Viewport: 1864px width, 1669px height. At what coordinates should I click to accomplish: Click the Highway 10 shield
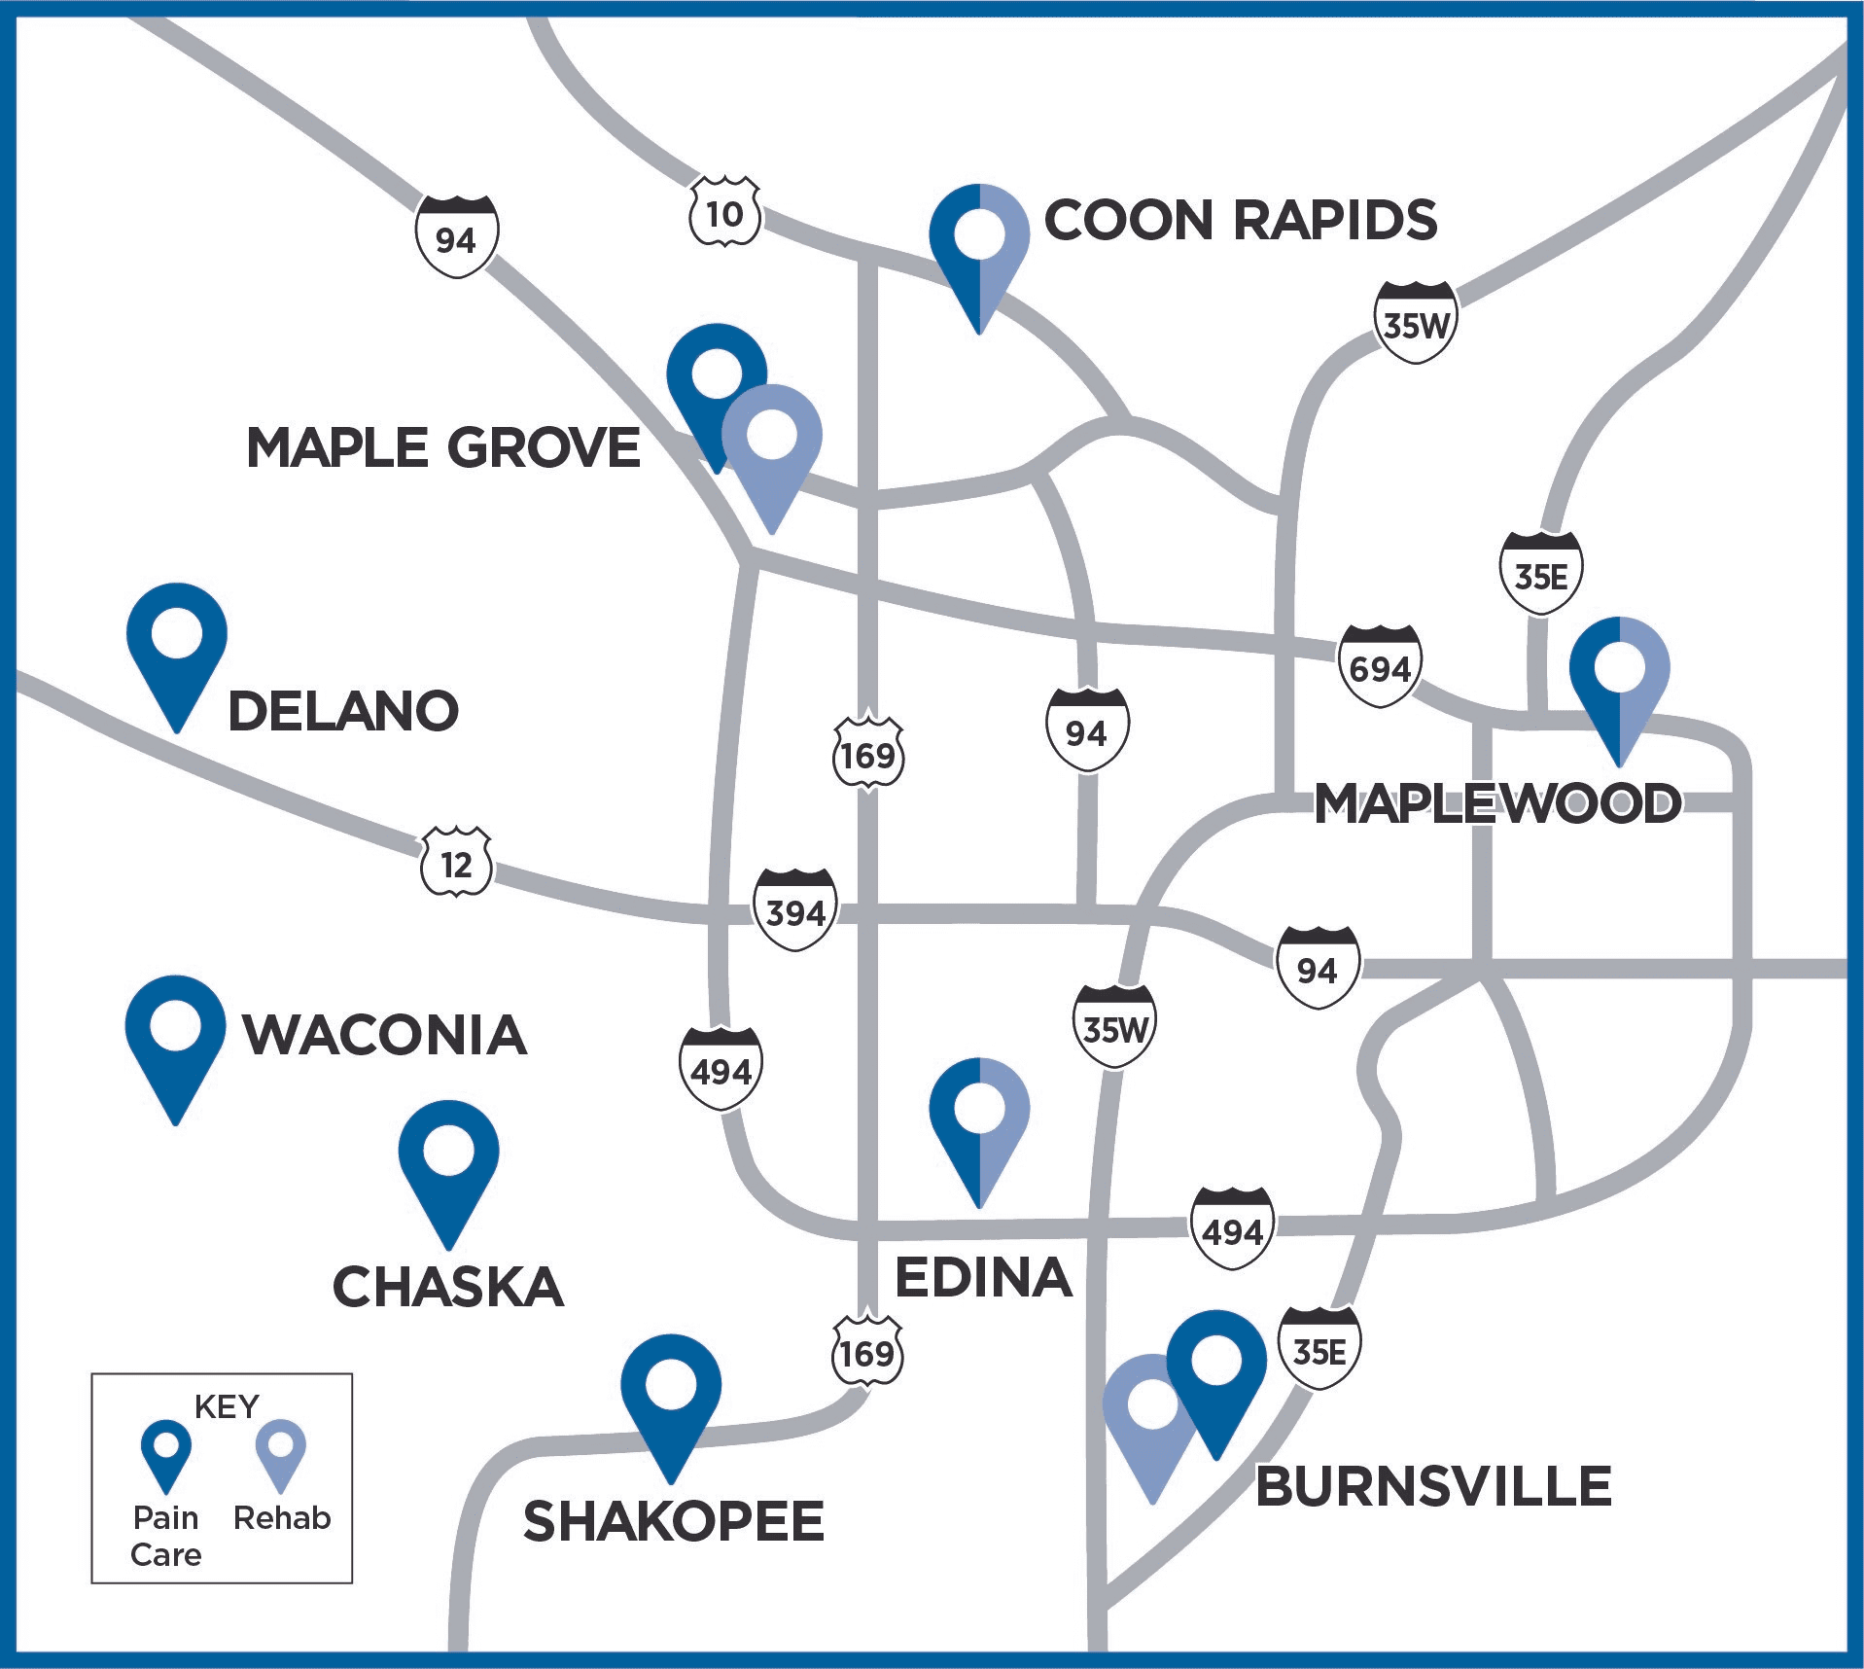724,212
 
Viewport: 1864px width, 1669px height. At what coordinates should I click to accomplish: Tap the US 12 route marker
456,863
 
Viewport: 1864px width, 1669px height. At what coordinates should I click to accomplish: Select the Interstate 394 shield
795,909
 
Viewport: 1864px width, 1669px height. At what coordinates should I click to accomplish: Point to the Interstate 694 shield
1380,666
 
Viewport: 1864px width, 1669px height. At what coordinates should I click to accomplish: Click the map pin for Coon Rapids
979,243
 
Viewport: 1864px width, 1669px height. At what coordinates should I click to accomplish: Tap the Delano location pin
177,642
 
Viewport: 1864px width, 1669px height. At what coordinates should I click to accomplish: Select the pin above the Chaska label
448,1158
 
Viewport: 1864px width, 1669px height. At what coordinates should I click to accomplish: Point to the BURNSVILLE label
1433,1487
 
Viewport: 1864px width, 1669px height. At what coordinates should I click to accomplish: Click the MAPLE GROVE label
443,448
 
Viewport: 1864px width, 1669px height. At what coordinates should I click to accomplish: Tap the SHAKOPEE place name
673,1522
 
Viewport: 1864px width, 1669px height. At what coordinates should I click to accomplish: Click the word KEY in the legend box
227,1406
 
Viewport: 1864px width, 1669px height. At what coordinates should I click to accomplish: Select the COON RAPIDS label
1240,221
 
